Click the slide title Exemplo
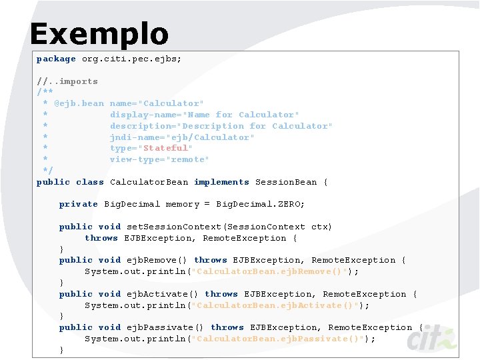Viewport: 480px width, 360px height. pyautogui.click(x=99, y=34)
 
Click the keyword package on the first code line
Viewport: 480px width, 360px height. pyautogui.click(x=56, y=59)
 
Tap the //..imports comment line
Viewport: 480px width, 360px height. pyautogui.click(x=67, y=81)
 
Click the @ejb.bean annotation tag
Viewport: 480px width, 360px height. pyautogui.click(x=79, y=103)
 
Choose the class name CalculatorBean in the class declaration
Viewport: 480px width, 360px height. pyautogui.click(x=149, y=182)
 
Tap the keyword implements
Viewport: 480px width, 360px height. pyautogui.click(x=221, y=182)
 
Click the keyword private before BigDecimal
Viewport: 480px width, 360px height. pyautogui.click(x=79, y=204)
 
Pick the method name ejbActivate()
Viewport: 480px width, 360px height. pyautogui.click(x=163, y=294)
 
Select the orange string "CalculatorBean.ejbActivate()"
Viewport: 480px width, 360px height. pyautogui.click(x=277, y=305)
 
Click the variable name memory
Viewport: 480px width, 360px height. pyautogui.click(x=183, y=204)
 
